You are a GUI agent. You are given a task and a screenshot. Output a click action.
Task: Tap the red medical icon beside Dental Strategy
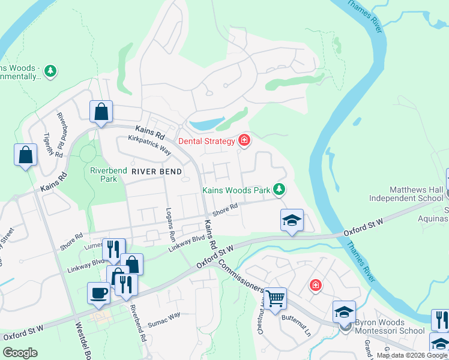pos(244,141)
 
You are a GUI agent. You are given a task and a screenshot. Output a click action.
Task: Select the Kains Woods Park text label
pos(236,190)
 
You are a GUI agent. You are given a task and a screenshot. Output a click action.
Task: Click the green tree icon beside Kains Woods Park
pos(279,190)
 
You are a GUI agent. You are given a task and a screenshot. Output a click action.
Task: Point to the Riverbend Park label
pos(109,175)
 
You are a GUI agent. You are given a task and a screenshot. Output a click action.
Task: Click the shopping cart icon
pos(275,298)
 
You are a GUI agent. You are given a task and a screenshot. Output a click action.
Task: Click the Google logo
pos(20,353)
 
